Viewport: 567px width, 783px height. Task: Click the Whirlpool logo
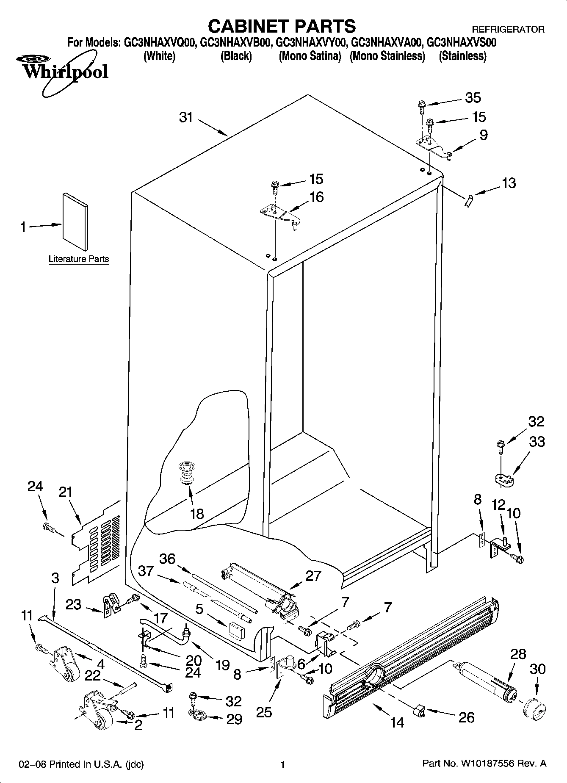click(64, 71)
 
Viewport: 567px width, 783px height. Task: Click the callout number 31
click(186, 117)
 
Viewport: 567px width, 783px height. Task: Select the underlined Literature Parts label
click(79, 259)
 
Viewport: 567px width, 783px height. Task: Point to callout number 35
click(473, 98)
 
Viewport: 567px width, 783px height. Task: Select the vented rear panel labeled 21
click(97, 542)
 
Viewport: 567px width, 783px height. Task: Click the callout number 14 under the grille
click(397, 722)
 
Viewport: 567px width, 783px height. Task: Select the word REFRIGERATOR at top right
click(508, 30)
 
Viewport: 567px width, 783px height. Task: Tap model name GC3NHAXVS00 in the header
click(462, 43)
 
